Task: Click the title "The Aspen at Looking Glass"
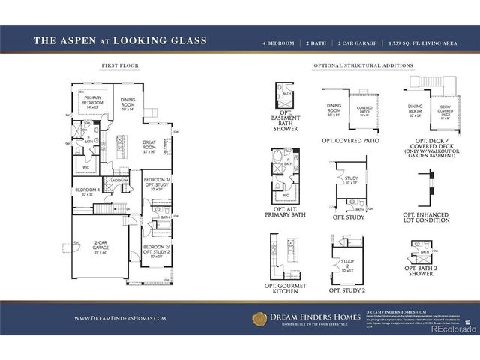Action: point(120,40)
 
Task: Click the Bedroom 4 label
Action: point(88,190)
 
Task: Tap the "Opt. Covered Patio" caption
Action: point(349,140)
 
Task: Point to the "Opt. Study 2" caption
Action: point(347,289)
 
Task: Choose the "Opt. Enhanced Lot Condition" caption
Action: point(425,218)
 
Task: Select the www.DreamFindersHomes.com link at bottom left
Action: point(120,318)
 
